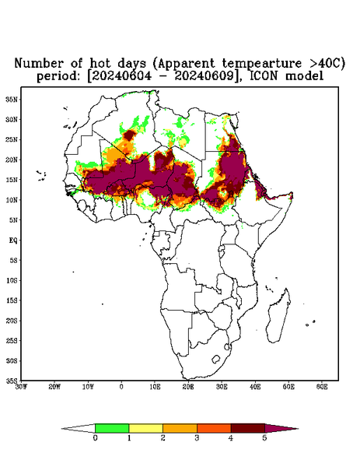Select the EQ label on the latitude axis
click(13, 240)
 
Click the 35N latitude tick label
click(12, 99)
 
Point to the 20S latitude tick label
click(12, 321)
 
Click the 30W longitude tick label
click(21, 387)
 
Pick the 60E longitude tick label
click(322, 387)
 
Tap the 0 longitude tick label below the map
click(121, 387)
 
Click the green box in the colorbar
click(112, 428)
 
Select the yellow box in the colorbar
click(145, 428)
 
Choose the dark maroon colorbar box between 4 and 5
click(248, 428)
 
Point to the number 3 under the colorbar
click(197, 437)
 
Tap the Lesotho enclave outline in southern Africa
click(216, 359)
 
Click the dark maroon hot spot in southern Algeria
click(128, 135)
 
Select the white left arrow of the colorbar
click(79, 428)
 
